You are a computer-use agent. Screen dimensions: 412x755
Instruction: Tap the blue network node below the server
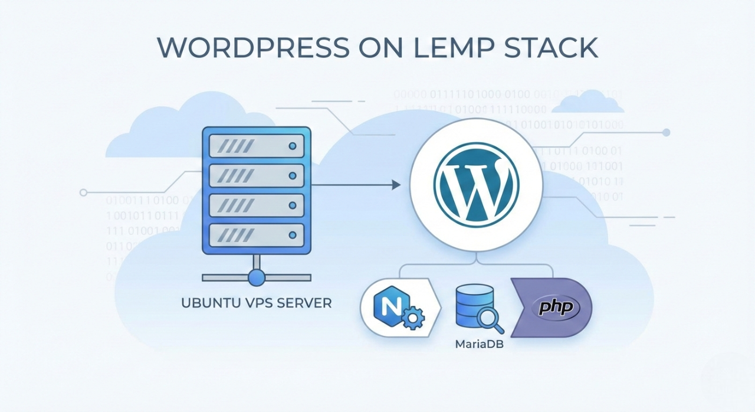(x=256, y=277)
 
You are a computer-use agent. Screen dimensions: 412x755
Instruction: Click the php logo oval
(x=554, y=308)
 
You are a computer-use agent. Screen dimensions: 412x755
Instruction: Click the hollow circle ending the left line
(x=83, y=192)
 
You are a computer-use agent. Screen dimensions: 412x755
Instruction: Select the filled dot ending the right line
(x=667, y=132)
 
